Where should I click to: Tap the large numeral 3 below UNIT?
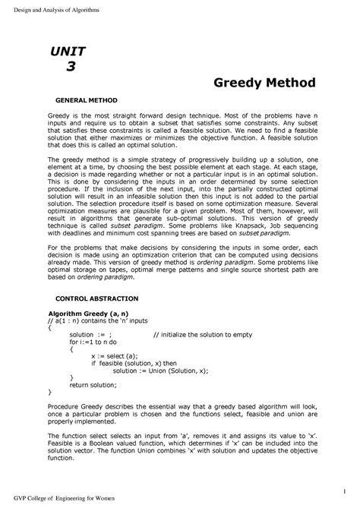point(71,66)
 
